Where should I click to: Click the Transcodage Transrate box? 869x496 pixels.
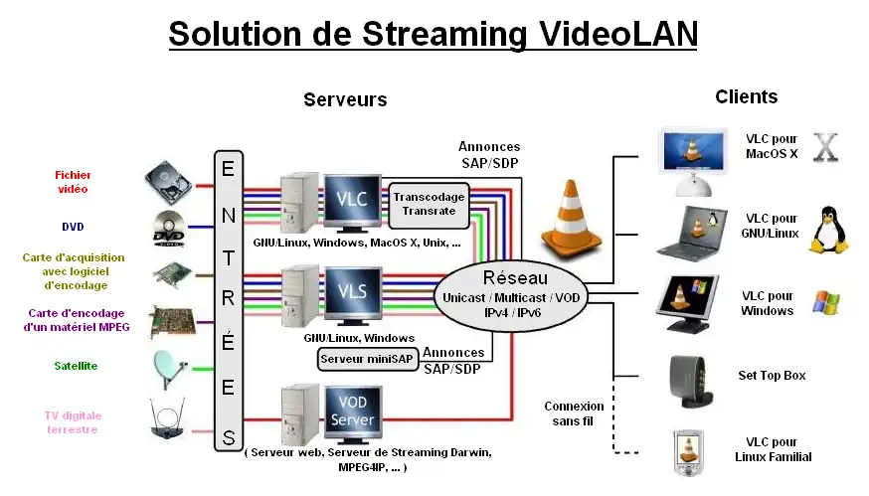coord(428,203)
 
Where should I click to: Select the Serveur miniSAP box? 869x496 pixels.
coord(366,358)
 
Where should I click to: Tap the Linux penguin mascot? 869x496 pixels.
coord(826,231)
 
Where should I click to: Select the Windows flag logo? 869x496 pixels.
coord(826,301)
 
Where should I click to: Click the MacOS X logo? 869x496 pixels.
coord(826,147)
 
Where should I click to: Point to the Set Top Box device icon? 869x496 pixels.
coord(689,378)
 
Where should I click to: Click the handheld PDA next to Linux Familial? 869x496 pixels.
coord(688,448)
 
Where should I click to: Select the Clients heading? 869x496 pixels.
coord(746,96)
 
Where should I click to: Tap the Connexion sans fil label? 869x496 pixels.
coord(574,413)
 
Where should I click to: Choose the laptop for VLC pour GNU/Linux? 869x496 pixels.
coord(687,230)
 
